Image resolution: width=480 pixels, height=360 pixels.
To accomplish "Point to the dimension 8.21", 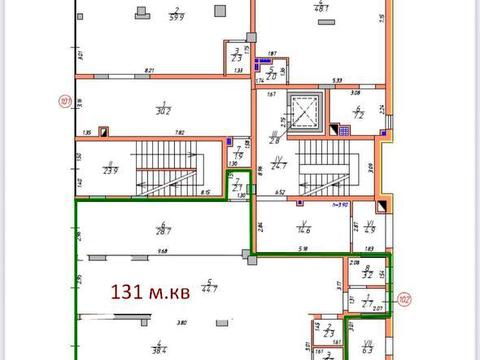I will tap(149, 70).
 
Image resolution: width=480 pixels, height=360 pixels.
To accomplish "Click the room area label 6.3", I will tap(366, 350).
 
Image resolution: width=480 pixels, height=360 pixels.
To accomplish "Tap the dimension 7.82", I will tap(153, 132).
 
